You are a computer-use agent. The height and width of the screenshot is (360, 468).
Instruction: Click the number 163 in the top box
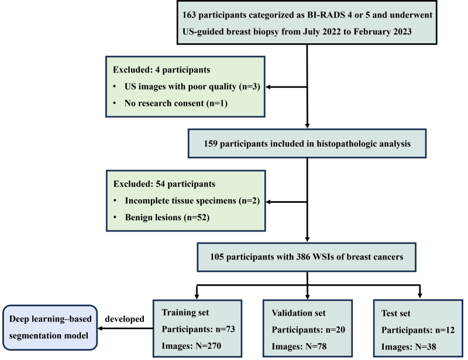189,15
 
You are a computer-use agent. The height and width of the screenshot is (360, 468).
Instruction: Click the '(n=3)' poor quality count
250,86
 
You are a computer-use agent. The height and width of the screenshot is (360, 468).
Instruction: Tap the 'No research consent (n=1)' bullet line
176,103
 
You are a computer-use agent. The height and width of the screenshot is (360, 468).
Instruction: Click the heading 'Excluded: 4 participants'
161,70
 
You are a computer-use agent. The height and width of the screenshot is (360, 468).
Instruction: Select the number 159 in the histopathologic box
211,143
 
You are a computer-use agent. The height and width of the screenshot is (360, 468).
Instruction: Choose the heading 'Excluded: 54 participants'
164,184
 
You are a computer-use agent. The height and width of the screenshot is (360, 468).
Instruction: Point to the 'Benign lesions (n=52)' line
167,217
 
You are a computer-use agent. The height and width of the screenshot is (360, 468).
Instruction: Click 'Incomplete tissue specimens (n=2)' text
192,200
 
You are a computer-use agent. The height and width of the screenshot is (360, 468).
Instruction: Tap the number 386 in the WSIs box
304,257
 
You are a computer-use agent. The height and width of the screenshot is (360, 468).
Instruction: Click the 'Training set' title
185,312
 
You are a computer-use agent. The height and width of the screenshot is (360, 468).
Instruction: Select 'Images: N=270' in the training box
191,346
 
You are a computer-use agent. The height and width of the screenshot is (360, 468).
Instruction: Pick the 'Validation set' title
298,313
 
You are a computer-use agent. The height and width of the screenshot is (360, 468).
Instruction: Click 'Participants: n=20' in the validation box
308,330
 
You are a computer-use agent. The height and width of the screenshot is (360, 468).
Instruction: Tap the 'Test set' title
396,313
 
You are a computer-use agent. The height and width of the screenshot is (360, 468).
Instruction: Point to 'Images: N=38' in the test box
408,347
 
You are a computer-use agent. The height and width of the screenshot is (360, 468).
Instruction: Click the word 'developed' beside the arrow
125,319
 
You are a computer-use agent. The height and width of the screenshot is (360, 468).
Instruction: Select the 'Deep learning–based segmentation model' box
50,327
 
